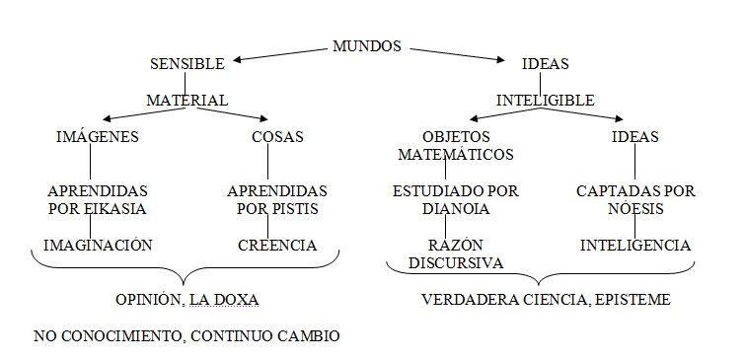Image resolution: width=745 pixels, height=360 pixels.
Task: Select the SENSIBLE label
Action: coord(187,64)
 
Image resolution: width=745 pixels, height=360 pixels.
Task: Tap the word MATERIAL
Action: coord(187,101)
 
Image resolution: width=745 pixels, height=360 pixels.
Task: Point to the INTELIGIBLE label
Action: coord(545,101)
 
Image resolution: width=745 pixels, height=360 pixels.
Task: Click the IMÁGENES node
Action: coord(97,137)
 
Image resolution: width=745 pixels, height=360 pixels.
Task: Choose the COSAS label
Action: coord(277,137)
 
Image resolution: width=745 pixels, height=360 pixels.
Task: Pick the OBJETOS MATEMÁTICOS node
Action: coord(456,146)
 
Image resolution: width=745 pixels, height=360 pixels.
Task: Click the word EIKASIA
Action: coord(118,209)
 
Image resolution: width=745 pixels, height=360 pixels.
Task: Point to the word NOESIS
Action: coord(634,209)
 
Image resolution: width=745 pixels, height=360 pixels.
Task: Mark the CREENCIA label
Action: coord(277,245)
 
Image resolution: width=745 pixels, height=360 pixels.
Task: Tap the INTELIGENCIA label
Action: coord(634,245)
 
